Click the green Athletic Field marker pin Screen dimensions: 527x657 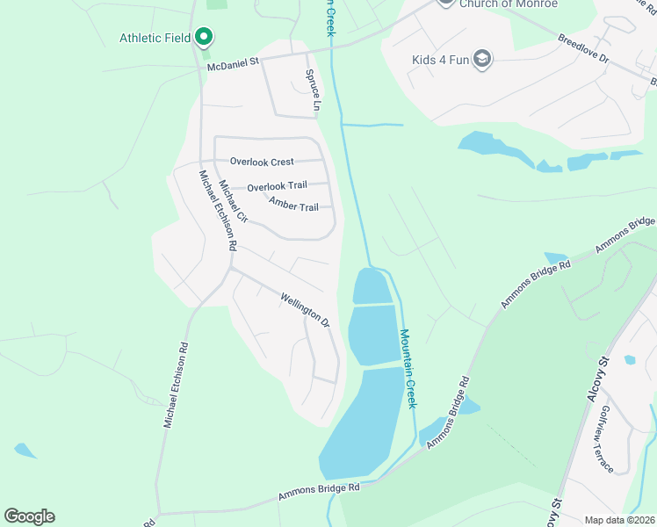[x=205, y=37]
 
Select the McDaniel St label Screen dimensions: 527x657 [x=234, y=63]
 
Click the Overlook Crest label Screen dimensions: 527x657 [x=262, y=162]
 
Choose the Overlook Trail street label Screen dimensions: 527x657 [x=277, y=187]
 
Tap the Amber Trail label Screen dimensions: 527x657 [x=293, y=206]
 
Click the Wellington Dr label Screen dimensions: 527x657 [x=305, y=310]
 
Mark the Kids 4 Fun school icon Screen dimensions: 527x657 [x=481, y=60]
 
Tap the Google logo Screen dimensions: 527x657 [x=29, y=516]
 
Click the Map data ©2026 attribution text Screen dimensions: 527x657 [x=618, y=520]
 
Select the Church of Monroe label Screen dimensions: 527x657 [x=509, y=4]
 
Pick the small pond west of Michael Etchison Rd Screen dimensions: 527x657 [x=25, y=451]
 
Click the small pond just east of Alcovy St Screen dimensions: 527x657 [x=629, y=360]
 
